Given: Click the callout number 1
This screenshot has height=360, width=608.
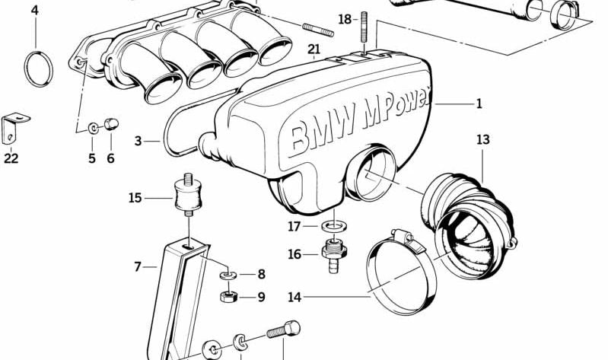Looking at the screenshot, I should point(479,104).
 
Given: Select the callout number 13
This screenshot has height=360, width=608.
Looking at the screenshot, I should point(483,140).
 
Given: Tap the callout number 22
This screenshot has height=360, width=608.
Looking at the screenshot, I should point(11,158).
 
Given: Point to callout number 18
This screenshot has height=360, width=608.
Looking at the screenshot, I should point(345,18).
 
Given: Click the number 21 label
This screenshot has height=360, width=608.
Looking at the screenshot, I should point(314,51).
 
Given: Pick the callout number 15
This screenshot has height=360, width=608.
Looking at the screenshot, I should point(135,198).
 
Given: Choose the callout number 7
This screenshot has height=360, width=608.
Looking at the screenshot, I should point(138,266).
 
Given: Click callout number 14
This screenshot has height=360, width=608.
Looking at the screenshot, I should point(294,297).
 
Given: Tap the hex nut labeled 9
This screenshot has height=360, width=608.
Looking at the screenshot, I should point(228,295).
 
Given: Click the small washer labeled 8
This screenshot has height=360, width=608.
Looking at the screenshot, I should point(226,274).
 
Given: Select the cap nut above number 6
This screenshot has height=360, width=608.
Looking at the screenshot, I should point(112,124).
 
